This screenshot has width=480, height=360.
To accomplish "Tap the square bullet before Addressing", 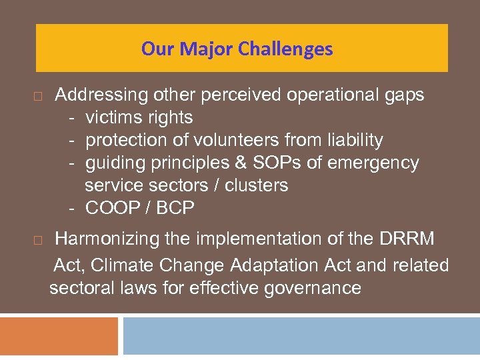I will pos(38,97).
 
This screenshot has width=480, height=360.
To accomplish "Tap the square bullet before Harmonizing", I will pos(38,239).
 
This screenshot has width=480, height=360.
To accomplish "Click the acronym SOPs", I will pos(293,163).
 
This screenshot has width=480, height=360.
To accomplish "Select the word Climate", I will pos(125,265).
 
